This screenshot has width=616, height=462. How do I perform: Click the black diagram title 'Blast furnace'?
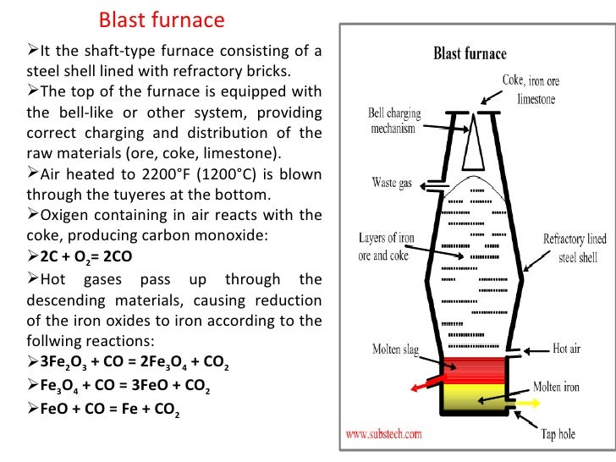(470, 54)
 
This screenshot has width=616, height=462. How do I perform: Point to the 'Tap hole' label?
(558, 435)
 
